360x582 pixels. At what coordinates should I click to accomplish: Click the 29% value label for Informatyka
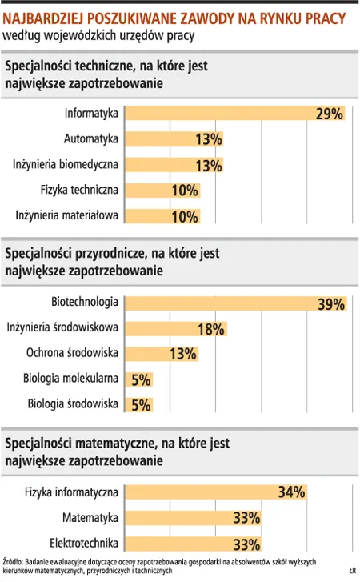pos(329,114)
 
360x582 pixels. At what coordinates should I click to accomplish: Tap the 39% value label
pos(330,304)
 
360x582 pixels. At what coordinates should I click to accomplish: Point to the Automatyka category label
pos(91,139)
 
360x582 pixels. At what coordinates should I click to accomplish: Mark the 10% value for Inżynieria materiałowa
pos(185,216)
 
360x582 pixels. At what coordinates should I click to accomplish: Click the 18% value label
pos(210,329)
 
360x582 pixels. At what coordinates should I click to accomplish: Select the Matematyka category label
pos(90,517)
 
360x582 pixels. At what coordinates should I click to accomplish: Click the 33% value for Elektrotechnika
pos(247,544)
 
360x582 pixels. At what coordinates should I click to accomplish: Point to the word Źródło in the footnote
pos(14,562)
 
